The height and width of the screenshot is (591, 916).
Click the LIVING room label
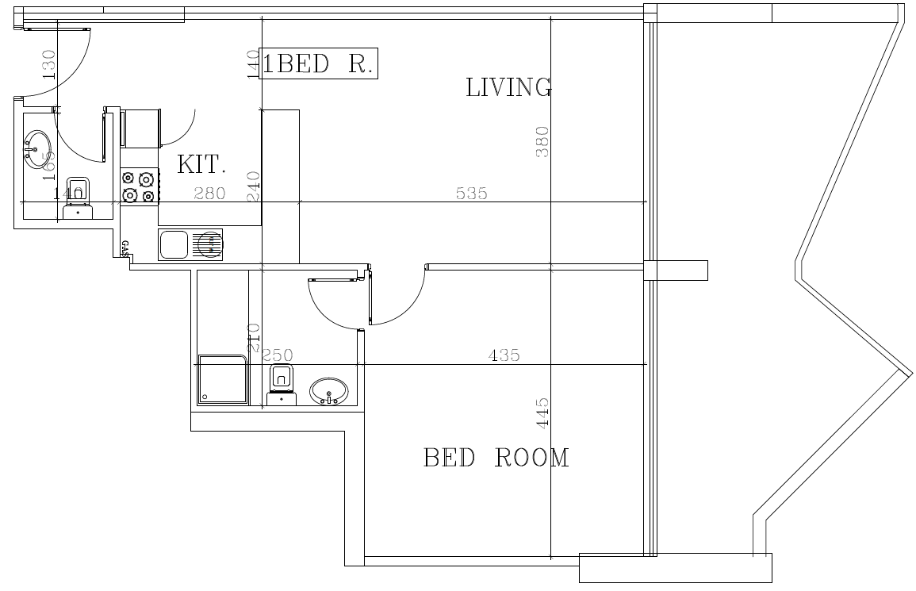click(508, 87)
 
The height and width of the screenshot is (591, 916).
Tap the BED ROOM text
click(496, 458)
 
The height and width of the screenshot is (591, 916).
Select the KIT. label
click(201, 165)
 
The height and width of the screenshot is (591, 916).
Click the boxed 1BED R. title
click(318, 64)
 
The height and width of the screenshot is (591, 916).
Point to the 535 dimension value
click(471, 193)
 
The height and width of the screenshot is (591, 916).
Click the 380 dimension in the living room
click(543, 142)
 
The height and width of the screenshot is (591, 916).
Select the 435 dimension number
click(504, 355)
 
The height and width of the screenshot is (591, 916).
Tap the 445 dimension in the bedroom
click(543, 413)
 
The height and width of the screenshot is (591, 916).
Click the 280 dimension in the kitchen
click(209, 193)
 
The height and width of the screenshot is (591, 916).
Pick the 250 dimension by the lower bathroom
click(278, 355)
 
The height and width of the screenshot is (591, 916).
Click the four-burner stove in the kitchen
click(139, 187)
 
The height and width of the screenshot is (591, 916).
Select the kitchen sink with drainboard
click(191, 244)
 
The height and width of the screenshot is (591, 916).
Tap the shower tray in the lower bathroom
click(222, 379)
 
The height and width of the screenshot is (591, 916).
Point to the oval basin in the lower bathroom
click(328, 391)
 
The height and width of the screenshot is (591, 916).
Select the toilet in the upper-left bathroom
click(77, 197)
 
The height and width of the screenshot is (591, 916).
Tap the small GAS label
click(125, 248)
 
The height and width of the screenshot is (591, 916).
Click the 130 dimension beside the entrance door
click(48, 64)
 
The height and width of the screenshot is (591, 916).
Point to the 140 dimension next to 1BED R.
click(253, 64)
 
